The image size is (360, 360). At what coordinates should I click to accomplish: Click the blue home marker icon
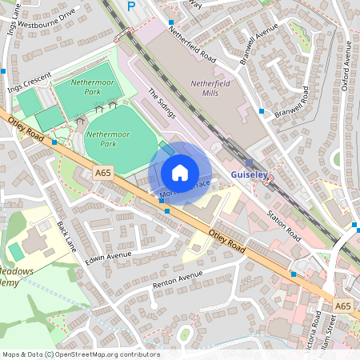tap(180, 172)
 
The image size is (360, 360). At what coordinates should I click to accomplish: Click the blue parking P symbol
tap(131, 6)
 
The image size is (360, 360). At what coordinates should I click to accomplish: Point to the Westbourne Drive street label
tap(48, 16)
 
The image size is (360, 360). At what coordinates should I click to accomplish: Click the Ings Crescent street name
tap(29, 82)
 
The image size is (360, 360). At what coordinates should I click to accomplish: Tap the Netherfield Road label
tap(192, 46)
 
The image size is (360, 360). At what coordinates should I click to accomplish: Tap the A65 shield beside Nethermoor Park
tap(102, 171)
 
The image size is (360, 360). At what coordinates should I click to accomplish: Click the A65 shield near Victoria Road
tap(343, 306)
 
